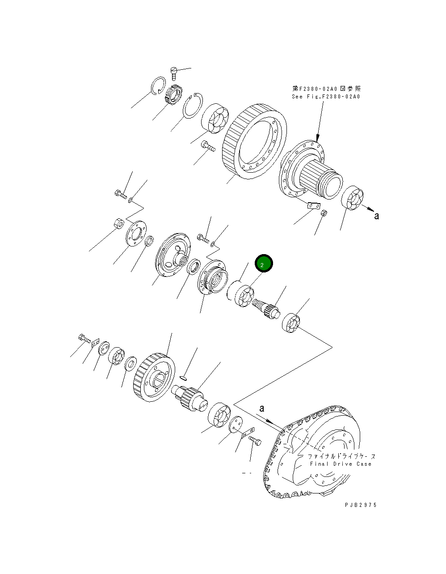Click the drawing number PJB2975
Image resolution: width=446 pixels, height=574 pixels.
click(x=360, y=505)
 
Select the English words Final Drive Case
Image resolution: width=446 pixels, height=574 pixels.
click(x=341, y=464)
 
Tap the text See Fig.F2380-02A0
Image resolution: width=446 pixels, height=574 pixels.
click(x=326, y=97)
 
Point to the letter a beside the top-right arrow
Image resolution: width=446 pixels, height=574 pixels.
click(x=376, y=217)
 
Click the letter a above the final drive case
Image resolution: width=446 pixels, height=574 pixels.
click(x=262, y=408)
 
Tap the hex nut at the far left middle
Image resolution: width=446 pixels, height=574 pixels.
click(x=118, y=222)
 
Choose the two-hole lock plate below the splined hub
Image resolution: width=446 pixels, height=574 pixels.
click(x=314, y=205)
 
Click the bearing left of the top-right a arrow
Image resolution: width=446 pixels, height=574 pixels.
click(x=352, y=197)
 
